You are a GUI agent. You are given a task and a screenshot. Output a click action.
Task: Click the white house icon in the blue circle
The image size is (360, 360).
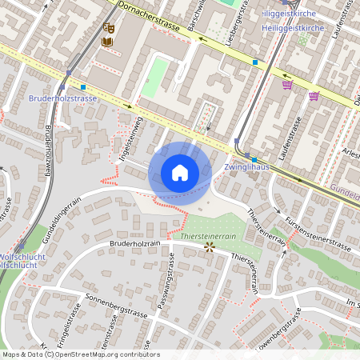click(x=180, y=172)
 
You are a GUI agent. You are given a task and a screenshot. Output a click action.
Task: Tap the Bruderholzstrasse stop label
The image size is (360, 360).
click(x=62, y=98)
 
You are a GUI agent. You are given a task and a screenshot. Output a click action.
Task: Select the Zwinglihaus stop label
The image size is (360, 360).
click(x=246, y=168)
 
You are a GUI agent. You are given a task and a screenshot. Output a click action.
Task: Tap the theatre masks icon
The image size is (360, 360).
click(x=110, y=27)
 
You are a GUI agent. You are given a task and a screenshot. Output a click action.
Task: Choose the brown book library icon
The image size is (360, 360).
click(x=107, y=41)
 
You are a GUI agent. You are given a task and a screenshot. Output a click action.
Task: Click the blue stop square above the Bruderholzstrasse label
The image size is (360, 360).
click(x=82, y=86)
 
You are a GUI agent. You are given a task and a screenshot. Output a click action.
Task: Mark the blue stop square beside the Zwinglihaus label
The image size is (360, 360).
click(x=254, y=159)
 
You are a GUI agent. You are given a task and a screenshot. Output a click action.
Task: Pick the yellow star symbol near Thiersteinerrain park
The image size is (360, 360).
click(x=210, y=248)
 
